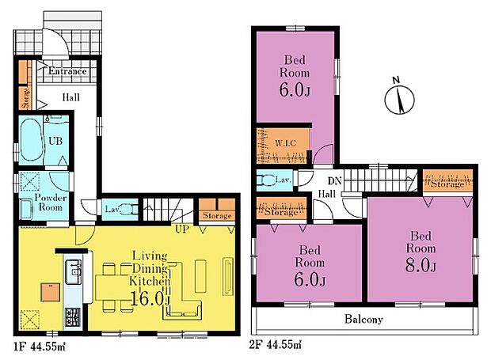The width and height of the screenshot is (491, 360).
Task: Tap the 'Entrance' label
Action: pos(67,71)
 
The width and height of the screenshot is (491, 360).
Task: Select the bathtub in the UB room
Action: pos(32,140)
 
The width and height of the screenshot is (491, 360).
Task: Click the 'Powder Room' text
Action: pos(51,203)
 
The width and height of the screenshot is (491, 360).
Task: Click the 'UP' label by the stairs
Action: pos(182,229)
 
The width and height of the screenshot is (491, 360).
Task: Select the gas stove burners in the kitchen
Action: pos(72,316)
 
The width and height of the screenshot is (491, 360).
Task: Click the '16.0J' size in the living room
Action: pos(150,298)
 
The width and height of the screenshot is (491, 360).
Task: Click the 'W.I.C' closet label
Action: pos(285,143)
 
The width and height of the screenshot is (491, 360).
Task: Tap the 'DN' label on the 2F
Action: pos(334,180)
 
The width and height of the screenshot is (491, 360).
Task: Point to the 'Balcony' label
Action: pos(363,319)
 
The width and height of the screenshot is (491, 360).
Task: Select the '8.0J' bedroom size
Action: pos(421,266)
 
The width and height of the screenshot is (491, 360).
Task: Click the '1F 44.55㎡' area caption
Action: pos(40,347)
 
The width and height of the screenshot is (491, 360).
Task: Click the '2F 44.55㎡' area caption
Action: pos(276,345)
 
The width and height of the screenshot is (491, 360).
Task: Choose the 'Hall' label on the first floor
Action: pos(70,97)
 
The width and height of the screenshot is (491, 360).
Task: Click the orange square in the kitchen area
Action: pos(50,292)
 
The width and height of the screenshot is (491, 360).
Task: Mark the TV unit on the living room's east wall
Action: pos(228,276)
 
